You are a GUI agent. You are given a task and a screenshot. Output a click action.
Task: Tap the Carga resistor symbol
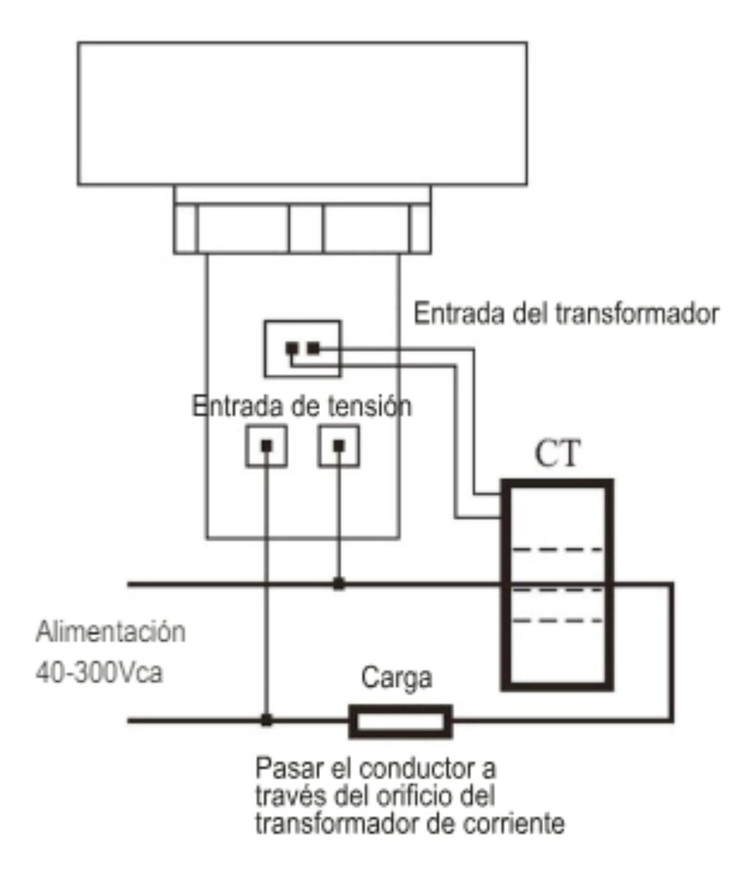point(400,721)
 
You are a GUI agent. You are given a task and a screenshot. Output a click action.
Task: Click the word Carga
point(396,678)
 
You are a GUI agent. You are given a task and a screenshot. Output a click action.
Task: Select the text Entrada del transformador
point(567,314)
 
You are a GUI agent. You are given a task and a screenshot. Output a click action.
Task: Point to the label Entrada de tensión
point(301,405)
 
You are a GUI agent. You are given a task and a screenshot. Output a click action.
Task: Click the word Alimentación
point(111,631)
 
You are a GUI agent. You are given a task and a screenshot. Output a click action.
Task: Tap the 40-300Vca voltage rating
point(99,672)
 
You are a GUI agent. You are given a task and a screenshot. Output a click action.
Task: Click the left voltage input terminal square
point(265,445)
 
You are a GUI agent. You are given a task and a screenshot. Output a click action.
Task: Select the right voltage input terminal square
point(340,445)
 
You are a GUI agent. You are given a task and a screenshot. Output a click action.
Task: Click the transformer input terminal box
point(302,349)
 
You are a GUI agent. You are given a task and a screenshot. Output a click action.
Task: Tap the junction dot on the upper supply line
point(339,583)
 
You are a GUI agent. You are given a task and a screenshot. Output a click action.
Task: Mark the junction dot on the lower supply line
point(267,720)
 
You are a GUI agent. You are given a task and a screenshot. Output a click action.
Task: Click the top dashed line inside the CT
point(559,549)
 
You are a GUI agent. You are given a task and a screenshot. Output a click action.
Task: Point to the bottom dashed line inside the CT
point(559,621)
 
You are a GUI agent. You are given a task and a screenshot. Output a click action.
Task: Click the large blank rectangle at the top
point(302,113)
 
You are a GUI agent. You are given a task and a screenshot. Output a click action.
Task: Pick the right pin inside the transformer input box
point(313,349)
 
